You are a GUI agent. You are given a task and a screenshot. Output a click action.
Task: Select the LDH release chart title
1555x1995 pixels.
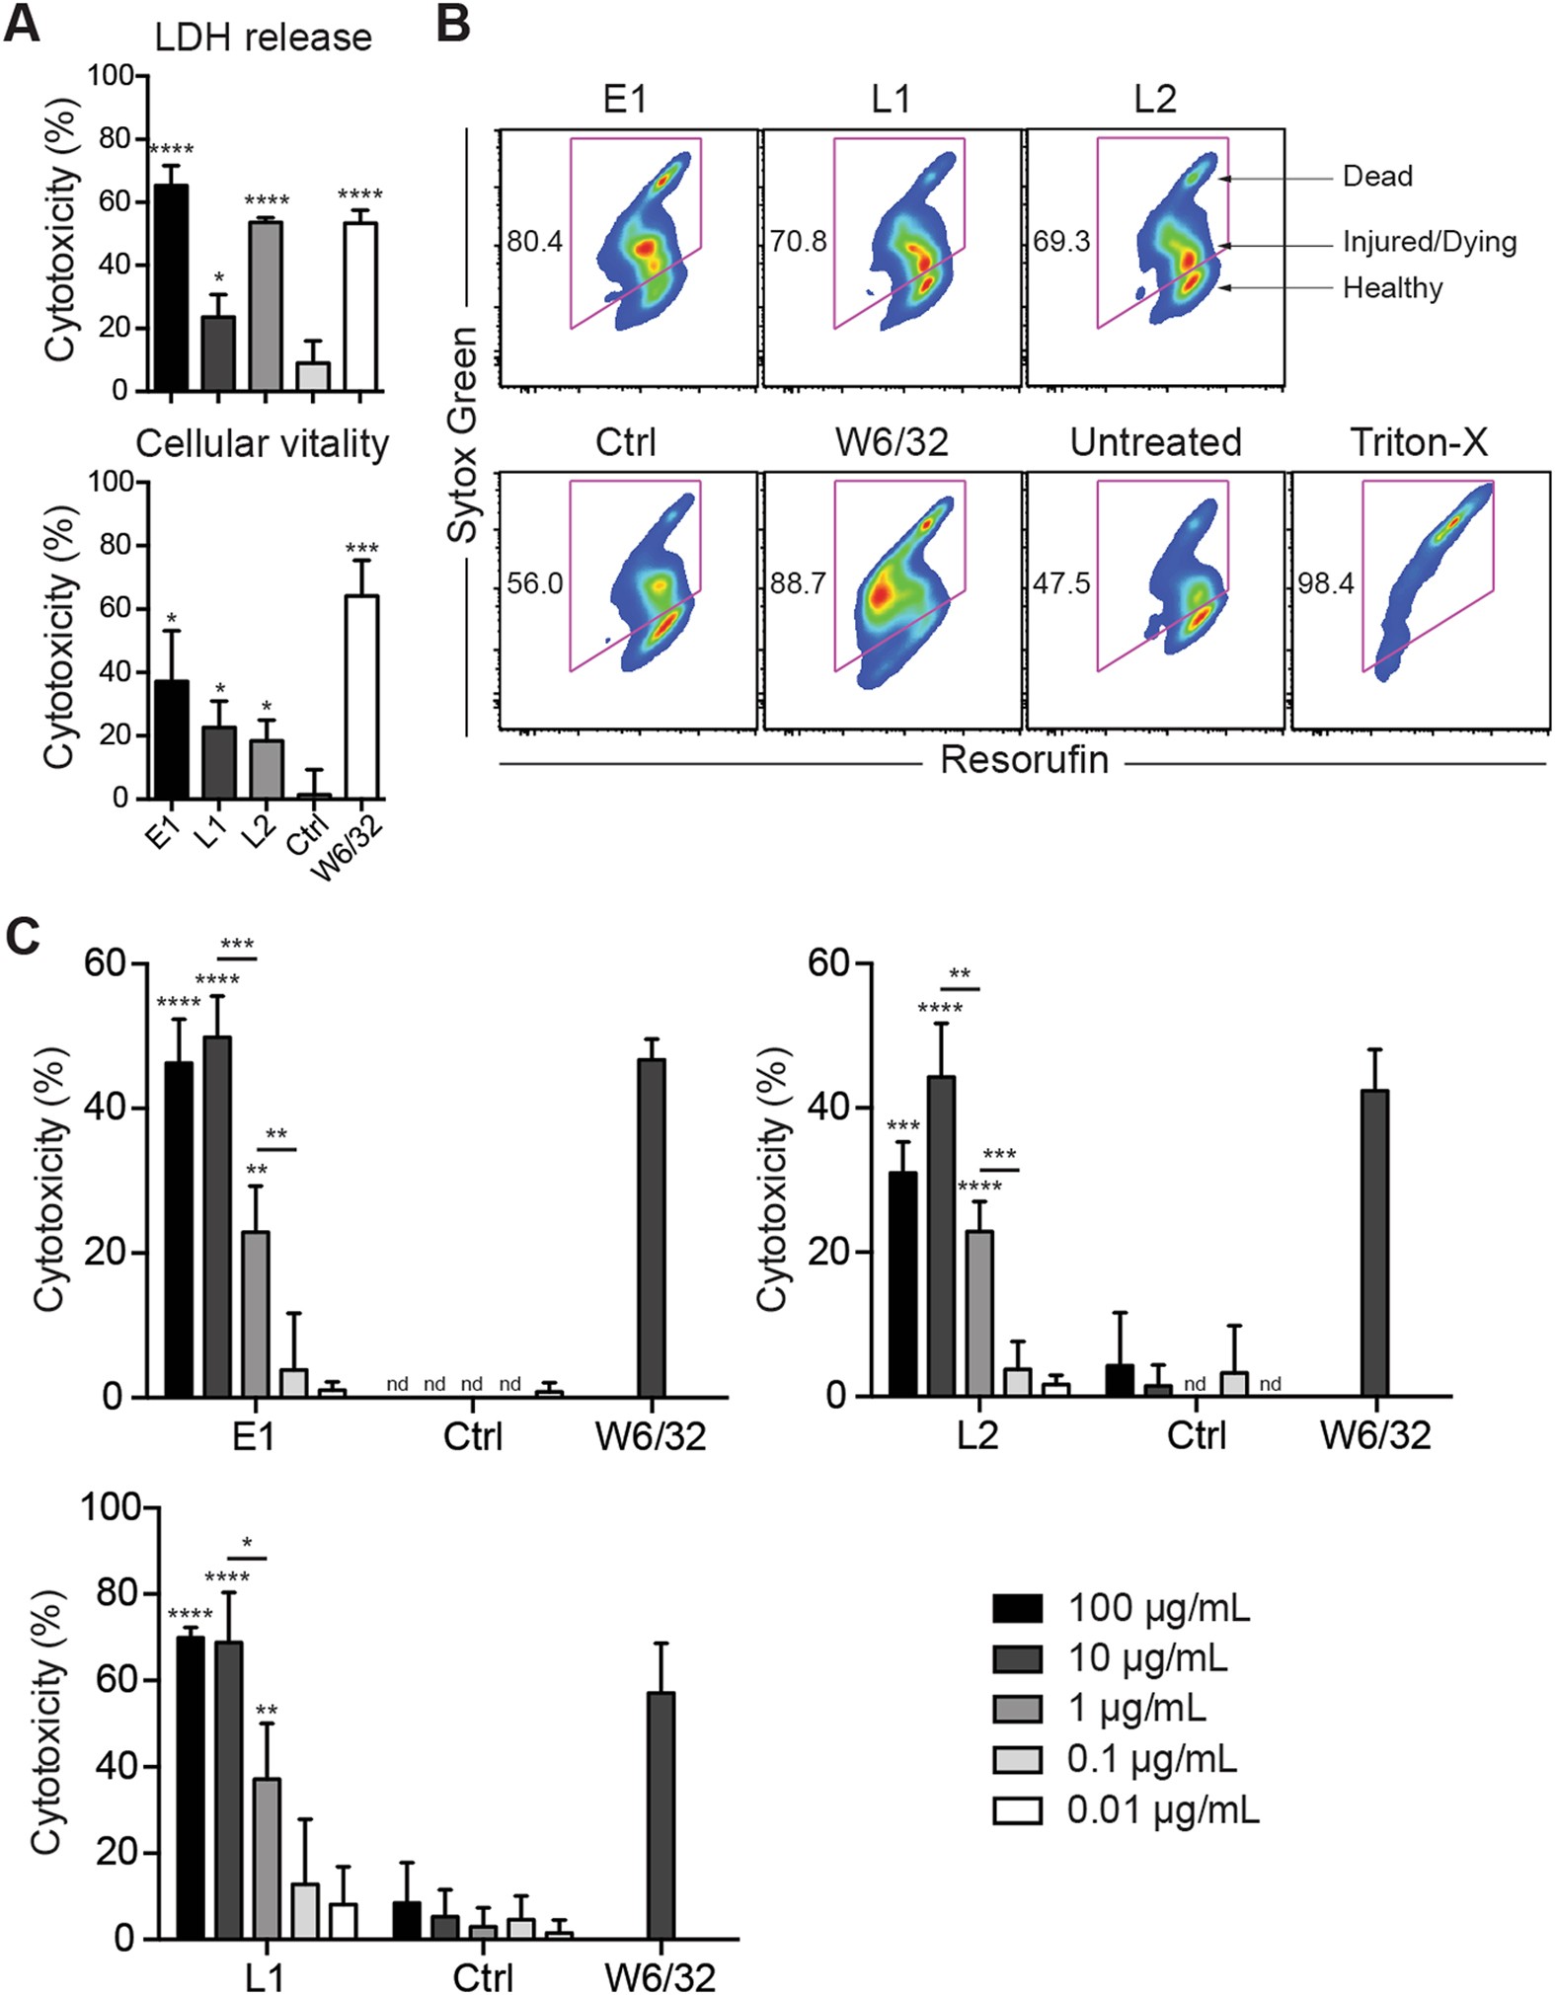[263, 38]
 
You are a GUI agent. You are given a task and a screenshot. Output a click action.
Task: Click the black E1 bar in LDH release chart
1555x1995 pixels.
[172, 287]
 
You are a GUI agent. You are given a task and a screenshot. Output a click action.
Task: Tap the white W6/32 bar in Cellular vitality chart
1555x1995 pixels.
[361, 696]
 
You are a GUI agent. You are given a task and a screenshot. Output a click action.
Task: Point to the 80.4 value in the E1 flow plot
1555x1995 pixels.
[534, 241]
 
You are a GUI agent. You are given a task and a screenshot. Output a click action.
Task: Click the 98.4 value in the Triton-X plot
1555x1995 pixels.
[1325, 583]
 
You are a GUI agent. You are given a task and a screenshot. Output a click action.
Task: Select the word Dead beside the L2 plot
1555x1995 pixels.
[1377, 177]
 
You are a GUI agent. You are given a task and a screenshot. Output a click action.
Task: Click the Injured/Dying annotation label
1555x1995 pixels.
[1429, 242]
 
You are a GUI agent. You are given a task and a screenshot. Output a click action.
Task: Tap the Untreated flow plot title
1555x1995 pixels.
[1155, 442]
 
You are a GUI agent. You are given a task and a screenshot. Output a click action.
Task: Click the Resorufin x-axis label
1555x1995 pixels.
[1024, 760]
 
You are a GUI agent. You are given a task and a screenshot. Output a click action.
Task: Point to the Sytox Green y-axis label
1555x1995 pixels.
[462, 434]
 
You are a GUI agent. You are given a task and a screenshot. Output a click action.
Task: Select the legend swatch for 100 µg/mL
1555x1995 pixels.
[1017, 1609]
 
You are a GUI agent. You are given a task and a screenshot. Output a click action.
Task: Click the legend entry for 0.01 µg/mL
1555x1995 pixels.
[1162, 1810]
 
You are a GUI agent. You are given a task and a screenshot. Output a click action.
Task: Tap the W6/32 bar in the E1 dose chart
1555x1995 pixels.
[651, 1227]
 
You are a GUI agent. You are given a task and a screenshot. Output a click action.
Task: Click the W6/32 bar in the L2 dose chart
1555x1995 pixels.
[1374, 1243]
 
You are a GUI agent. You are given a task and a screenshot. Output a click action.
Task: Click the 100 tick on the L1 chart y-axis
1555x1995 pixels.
[106, 1507]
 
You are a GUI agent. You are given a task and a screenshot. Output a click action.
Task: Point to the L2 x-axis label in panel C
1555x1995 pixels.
[977, 1435]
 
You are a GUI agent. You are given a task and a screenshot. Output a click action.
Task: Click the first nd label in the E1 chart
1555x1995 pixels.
[397, 1385]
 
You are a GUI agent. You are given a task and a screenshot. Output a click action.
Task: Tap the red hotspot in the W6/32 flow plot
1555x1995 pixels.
[879, 596]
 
